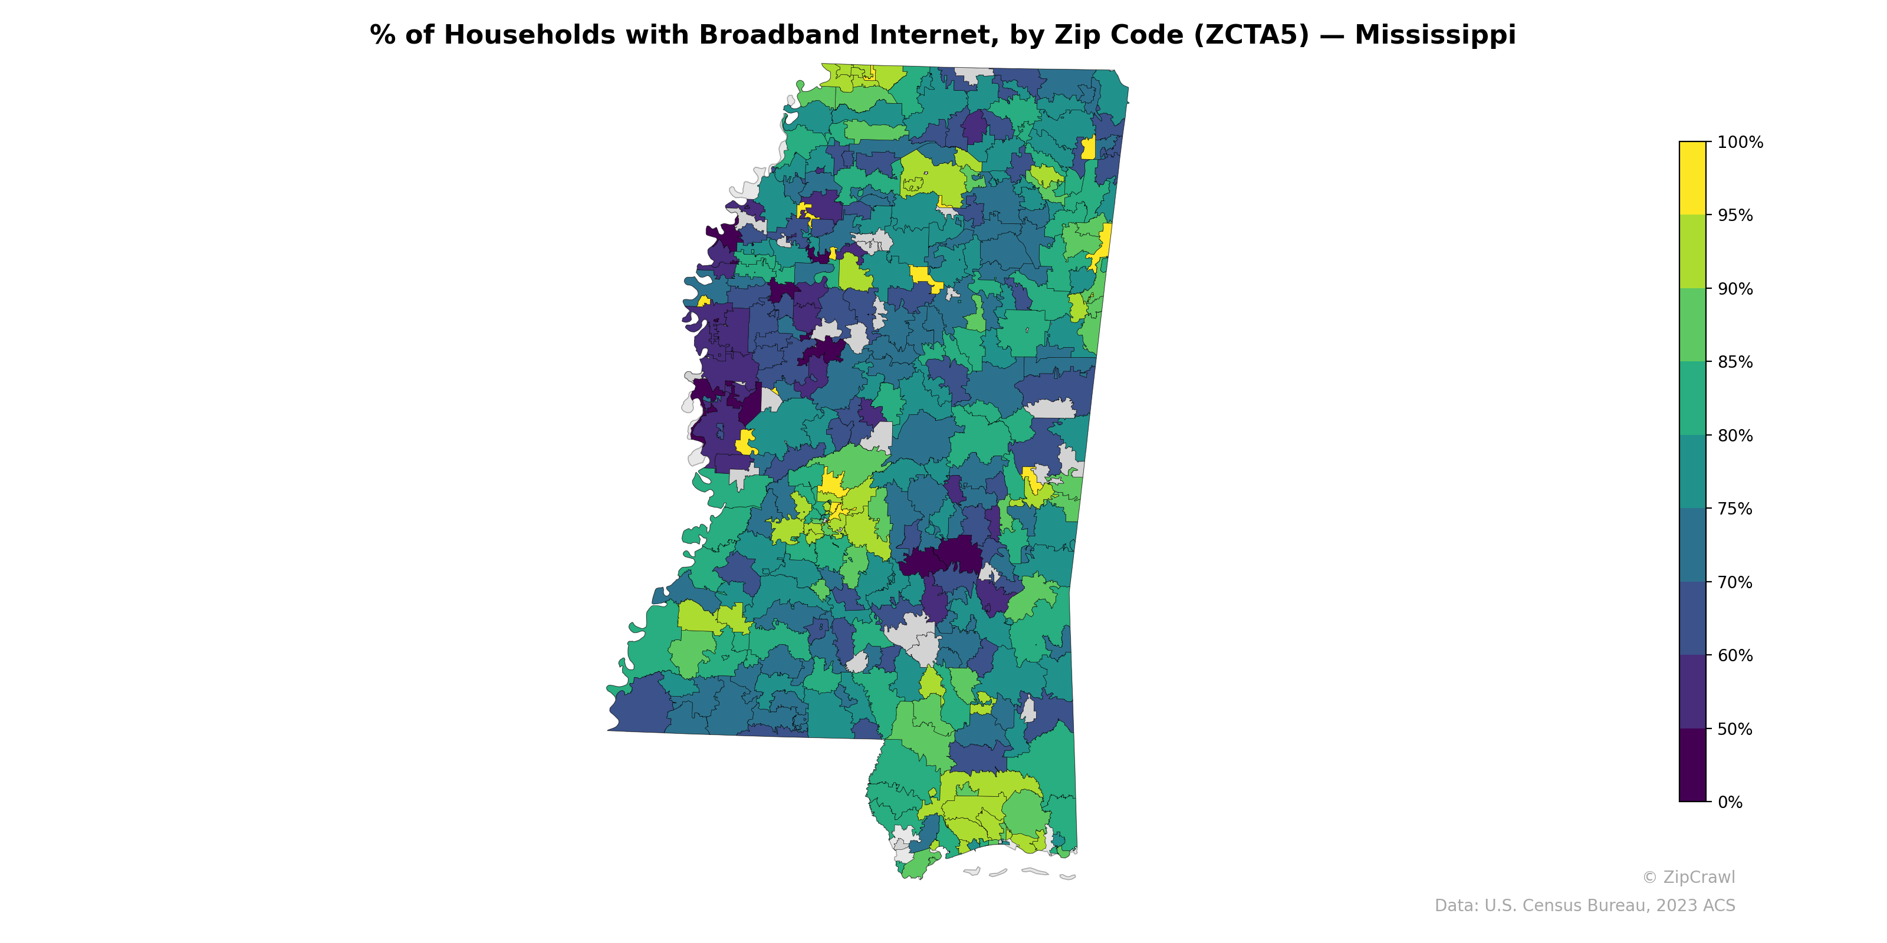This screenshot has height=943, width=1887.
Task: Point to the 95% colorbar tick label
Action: (x=1735, y=216)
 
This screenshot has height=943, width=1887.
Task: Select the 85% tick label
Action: (x=1735, y=362)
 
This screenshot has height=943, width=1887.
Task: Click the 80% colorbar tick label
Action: (x=1735, y=436)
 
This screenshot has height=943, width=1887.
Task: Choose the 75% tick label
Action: (x=1735, y=509)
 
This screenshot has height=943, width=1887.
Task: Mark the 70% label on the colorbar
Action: (x=1735, y=583)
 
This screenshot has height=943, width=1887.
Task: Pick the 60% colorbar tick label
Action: (x=1735, y=656)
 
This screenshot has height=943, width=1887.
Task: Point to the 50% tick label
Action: (x=1735, y=729)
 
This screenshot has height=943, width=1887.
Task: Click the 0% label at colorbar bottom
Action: (x=1730, y=802)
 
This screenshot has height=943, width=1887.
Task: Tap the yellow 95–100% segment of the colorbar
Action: (x=1692, y=178)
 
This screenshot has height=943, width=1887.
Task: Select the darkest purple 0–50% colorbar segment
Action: (x=1692, y=765)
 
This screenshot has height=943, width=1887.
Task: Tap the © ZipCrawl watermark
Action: (x=1688, y=877)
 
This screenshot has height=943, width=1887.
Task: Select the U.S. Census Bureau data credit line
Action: (x=1584, y=906)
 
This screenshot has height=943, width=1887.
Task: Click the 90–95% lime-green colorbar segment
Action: (x=1692, y=252)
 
